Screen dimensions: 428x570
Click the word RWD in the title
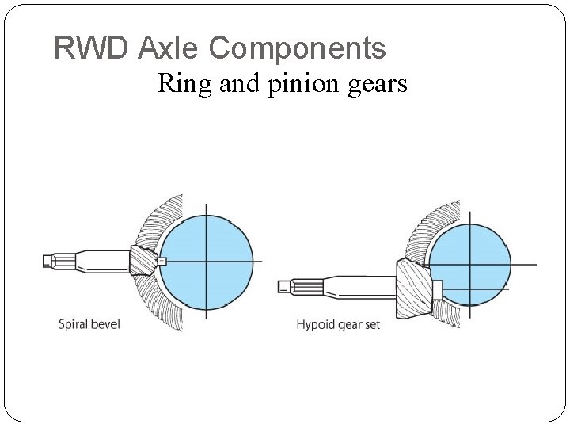91,48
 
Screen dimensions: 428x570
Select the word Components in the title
297,48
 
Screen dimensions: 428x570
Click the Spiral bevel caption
89,324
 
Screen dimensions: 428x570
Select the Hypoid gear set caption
338,325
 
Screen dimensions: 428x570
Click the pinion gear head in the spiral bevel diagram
143,260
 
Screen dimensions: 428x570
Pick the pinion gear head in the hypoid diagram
414,287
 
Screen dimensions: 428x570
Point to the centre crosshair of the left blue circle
207,261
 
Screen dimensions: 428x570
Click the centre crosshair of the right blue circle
470,264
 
